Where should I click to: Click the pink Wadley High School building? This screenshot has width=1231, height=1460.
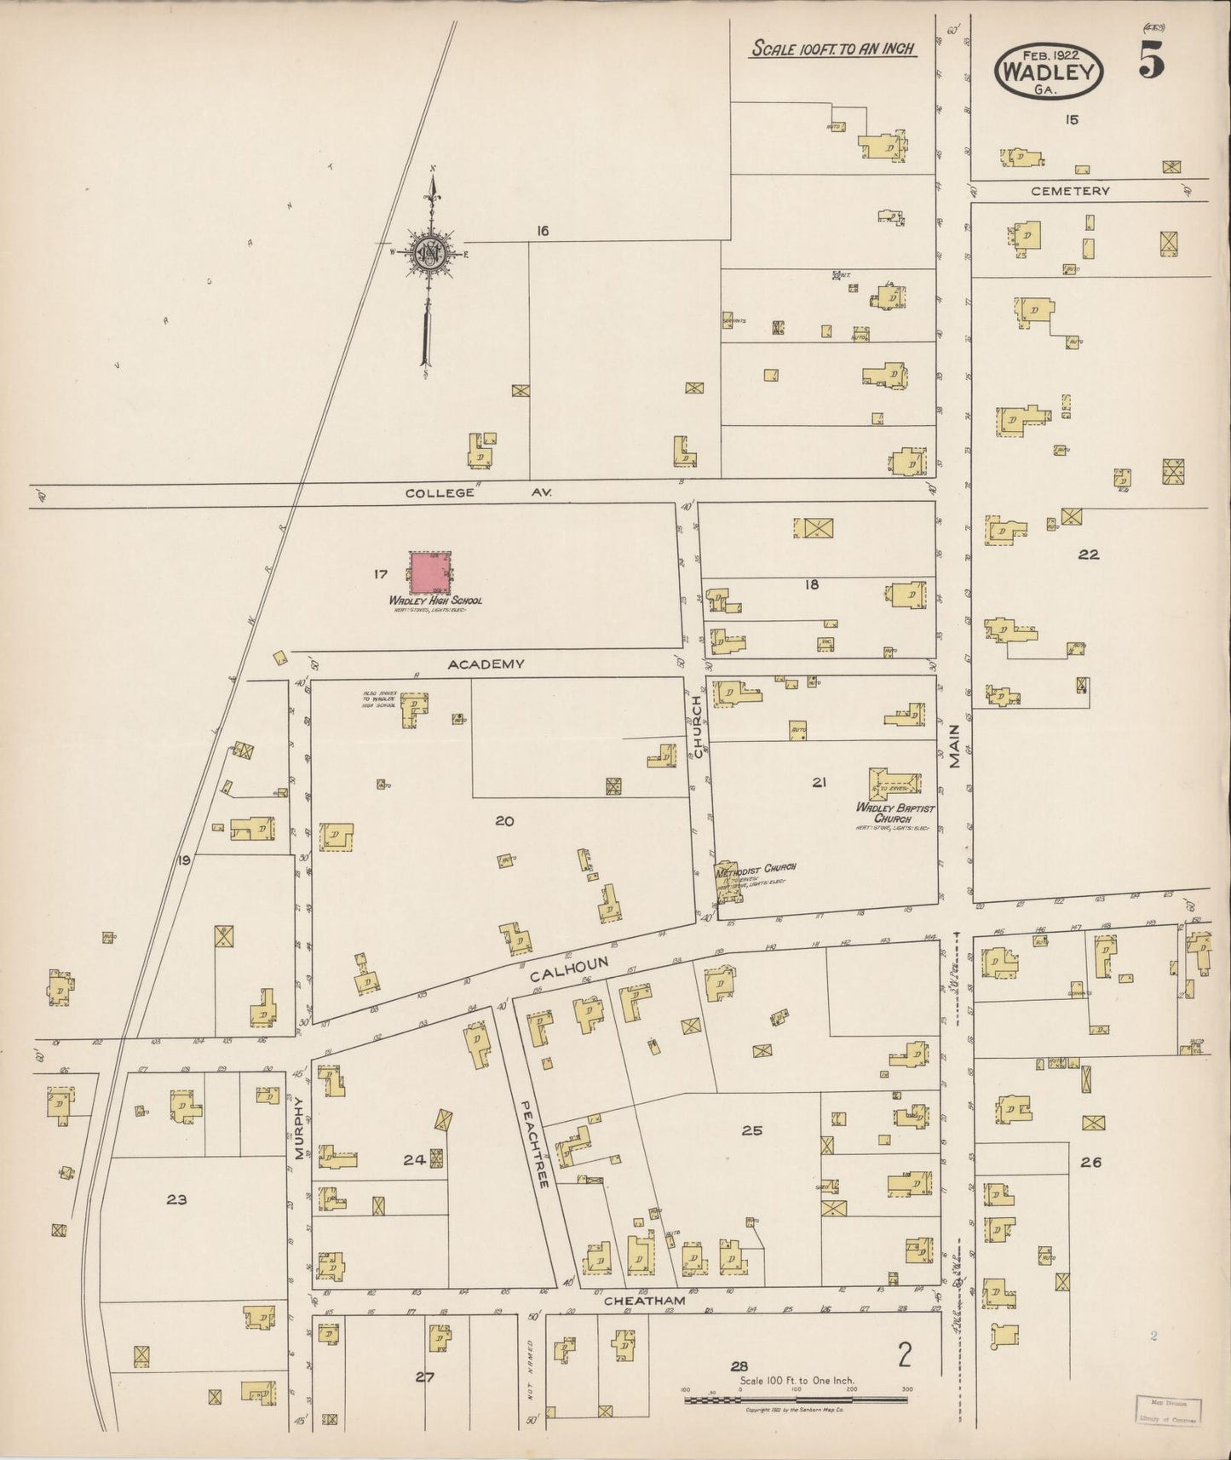(x=432, y=572)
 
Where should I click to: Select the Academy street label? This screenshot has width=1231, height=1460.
(x=486, y=664)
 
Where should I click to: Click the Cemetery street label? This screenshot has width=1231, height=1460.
(x=1070, y=192)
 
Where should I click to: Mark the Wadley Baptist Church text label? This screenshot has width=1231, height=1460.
(x=895, y=813)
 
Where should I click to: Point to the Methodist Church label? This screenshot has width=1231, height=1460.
(x=756, y=868)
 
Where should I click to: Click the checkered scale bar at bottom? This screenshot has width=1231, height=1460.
(x=796, y=1400)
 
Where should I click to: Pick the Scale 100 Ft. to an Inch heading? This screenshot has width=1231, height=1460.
(x=832, y=49)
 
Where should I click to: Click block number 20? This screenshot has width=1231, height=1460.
(x=504, y=821)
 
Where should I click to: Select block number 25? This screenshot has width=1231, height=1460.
(x=751, y=1130)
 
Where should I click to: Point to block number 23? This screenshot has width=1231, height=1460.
(x=176, y=1199)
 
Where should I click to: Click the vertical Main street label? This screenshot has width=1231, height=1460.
(x=954, y=746)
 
